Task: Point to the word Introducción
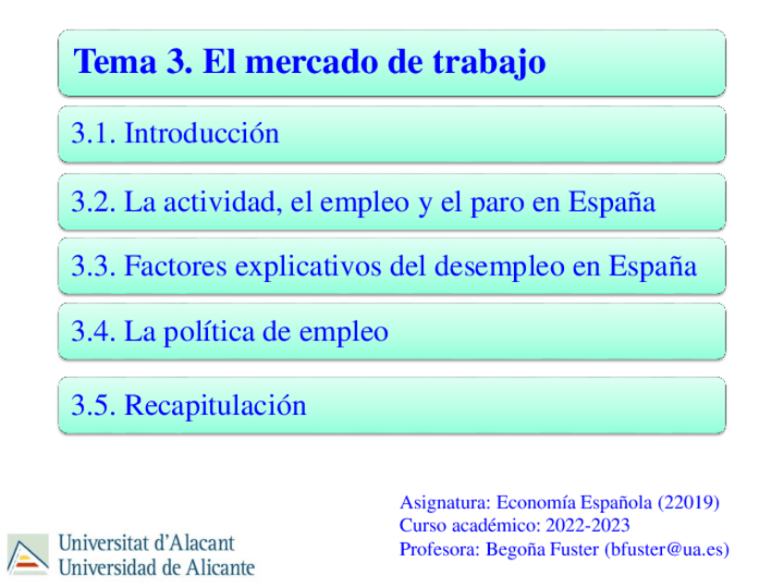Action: pos(202,134)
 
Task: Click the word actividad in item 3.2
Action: pos(219,202)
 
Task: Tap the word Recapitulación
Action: pos(214,405)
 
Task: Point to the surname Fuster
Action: pos(572,549)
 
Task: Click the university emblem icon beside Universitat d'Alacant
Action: pos(27,554)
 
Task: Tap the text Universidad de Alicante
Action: pos(156,566)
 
